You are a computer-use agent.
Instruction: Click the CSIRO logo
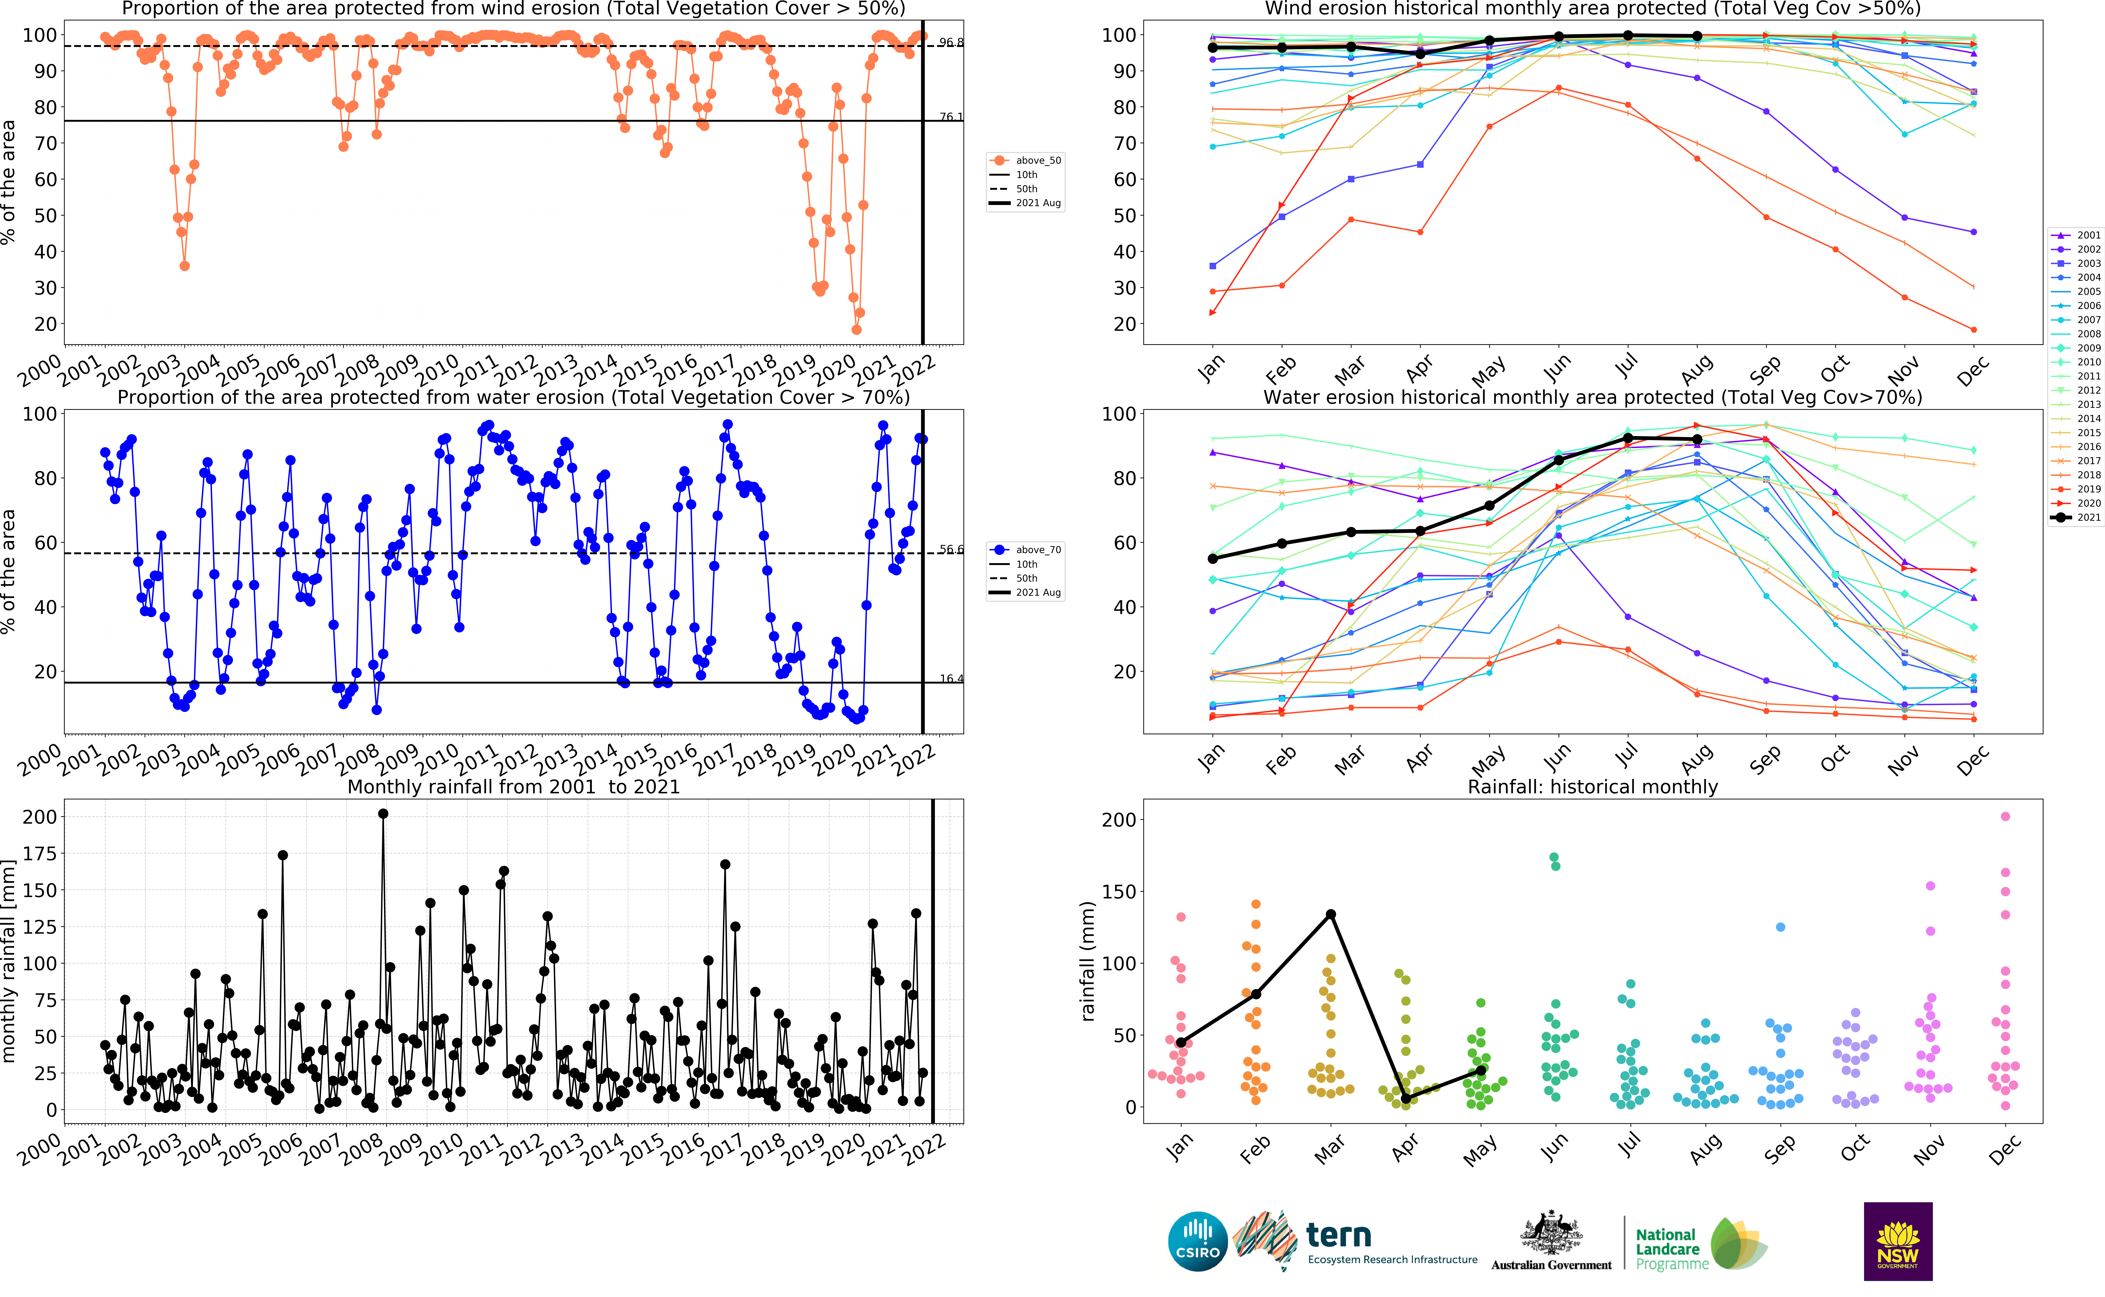[1197, 1241]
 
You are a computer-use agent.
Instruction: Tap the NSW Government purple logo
[1897, 1241]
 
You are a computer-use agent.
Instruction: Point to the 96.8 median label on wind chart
[950, 42]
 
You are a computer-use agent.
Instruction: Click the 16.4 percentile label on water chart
[950, 679]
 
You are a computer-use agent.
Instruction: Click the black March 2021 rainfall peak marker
[1330, 914]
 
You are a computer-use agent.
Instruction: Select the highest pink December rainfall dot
[2006, 817]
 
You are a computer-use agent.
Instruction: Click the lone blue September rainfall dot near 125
[1781, 927]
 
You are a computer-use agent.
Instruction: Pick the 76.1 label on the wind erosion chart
[950, 117]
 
